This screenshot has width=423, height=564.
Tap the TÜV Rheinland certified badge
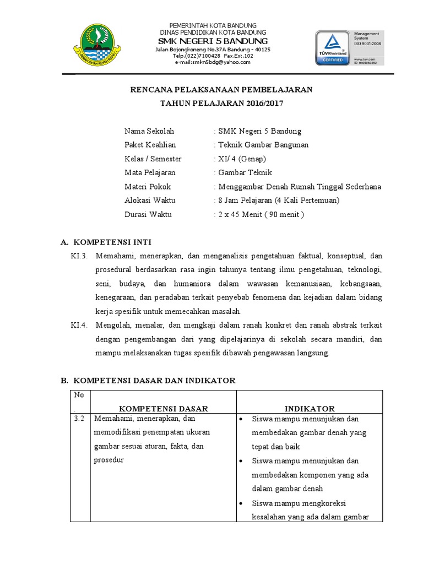click(332, 47)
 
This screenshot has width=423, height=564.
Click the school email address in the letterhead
click(213, 62)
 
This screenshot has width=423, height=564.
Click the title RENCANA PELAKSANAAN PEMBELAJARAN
click(221, 89)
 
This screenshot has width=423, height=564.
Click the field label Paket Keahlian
click(150, 145)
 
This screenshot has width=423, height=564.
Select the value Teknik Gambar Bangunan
click(263, 145)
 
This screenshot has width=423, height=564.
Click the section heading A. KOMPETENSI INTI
click(105, 242)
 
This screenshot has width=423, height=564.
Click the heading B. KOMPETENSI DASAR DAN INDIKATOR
click(147, 381)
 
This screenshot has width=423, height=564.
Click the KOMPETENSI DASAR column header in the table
click(163, 408)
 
